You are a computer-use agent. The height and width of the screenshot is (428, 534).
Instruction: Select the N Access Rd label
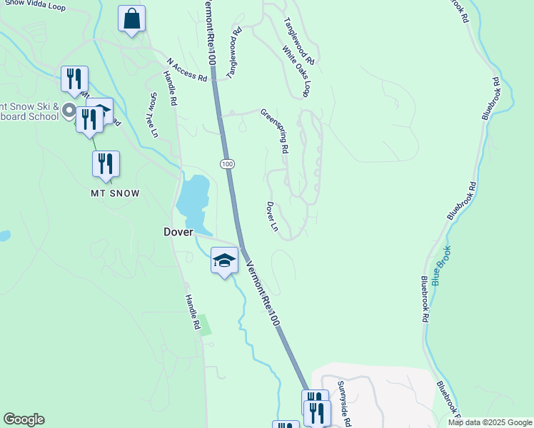[187, 69]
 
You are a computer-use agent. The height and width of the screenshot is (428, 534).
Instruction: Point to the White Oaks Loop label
[296, 72]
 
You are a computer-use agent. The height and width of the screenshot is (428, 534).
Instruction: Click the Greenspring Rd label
[274, 131]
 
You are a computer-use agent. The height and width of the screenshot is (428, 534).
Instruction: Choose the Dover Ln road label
[272, 216]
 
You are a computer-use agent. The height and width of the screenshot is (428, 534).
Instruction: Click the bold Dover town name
[178, 232]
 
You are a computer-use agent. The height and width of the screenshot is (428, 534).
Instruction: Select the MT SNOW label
[114, 193]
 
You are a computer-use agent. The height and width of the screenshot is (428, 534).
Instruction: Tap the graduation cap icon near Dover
[224, 261]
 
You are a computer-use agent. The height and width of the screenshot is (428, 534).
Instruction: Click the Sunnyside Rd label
[344, 403]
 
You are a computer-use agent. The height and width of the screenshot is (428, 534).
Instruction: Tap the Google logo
[24, 419]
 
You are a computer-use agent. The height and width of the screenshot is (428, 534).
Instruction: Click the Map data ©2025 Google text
[490, 422]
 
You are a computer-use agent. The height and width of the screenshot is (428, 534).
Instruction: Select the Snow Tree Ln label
[152, 114]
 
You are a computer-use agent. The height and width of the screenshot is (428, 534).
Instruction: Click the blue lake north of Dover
[193, 200]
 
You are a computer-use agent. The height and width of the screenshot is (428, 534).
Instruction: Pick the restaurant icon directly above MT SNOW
[106, 163]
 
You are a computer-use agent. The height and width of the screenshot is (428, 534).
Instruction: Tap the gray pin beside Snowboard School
[69, 111]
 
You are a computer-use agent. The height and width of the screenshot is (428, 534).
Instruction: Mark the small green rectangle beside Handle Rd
[206, 325]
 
